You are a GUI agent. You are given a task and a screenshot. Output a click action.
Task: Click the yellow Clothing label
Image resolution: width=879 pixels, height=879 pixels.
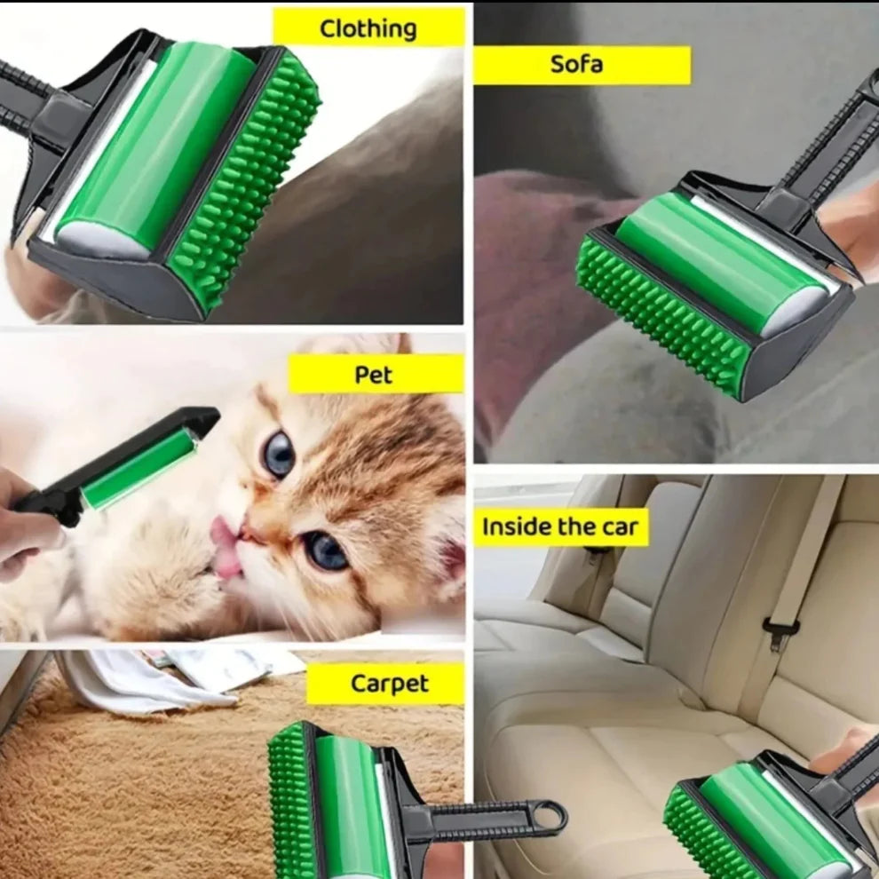pos(368,28)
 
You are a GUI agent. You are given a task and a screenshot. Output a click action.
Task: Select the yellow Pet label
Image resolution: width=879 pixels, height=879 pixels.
pos(376,374)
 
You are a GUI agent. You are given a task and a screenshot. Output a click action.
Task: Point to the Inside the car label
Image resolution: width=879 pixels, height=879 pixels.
pos(561,527)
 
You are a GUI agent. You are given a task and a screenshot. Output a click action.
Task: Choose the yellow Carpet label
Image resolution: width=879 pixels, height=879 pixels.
pos(389,684)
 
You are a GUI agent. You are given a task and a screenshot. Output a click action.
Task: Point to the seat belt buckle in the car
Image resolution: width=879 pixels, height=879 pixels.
pos(780,633)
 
